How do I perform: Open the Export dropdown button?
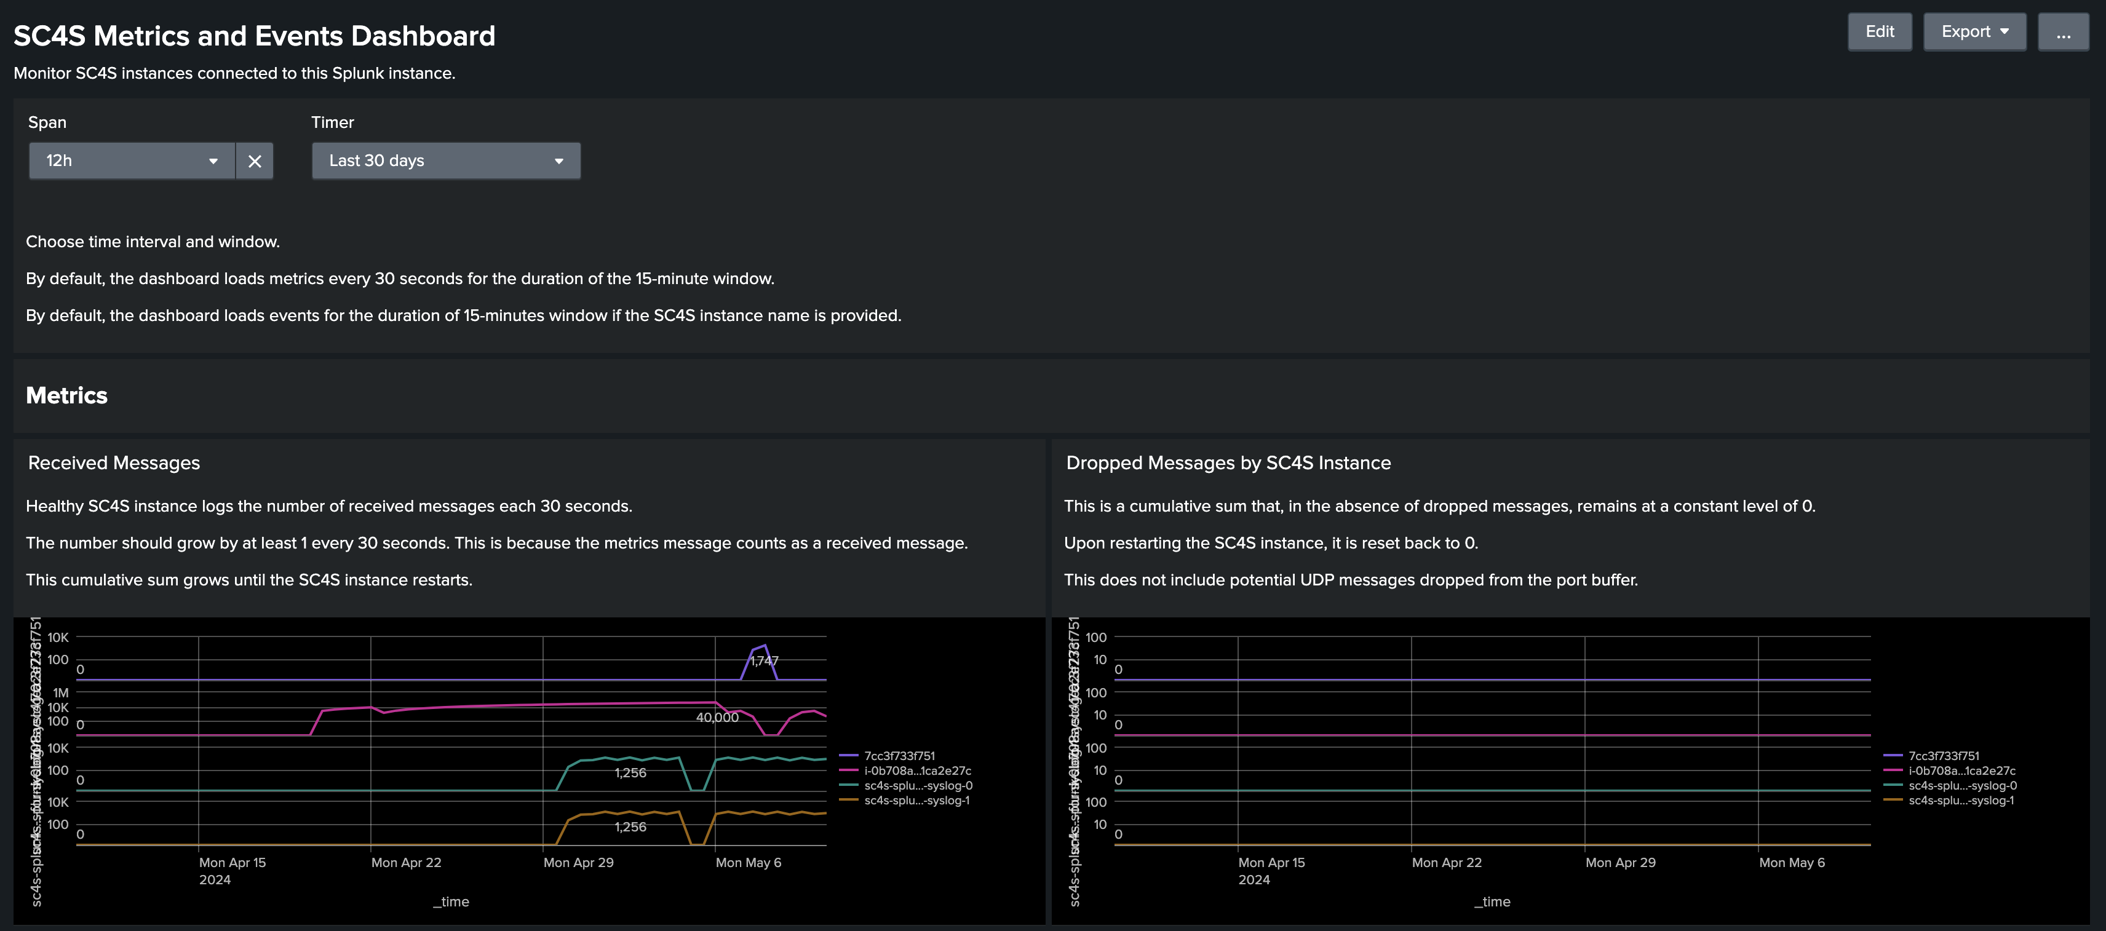(1974, 32)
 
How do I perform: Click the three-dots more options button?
(2063, 32)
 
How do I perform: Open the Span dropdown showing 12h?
(132, 161)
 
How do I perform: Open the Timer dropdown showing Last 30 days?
(445, 161)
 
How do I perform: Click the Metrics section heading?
(67, 395)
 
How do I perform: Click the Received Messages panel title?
(114, 462)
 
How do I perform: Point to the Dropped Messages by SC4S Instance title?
(1228, 462)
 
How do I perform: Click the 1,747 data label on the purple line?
(765, 660)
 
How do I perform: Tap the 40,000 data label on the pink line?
(717, 717)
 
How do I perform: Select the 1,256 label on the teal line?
(630, 772)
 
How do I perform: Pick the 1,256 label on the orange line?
(630, 826)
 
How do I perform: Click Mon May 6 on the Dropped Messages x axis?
(1791, 862)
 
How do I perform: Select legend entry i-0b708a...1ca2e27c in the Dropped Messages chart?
(1961, 771)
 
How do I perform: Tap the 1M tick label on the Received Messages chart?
(60, 692)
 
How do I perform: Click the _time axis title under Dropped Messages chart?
(1492, 901)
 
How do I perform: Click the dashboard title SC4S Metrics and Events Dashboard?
(254, 36)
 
